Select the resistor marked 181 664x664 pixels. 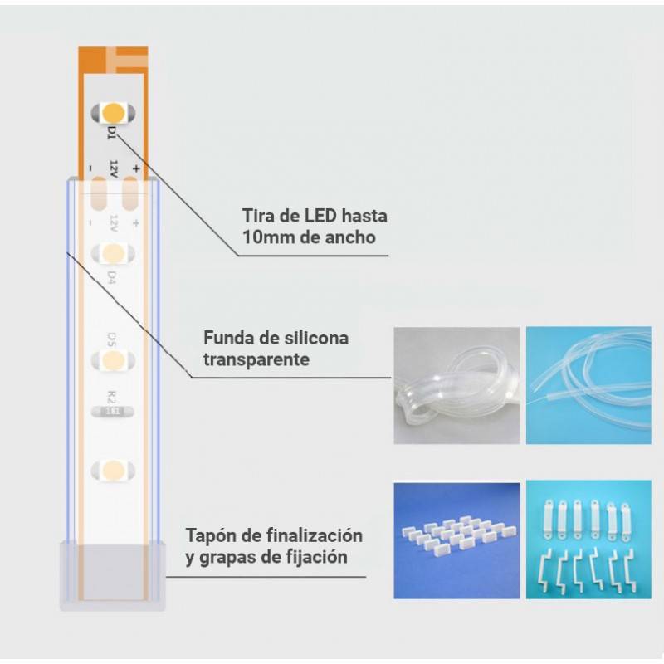click(112, 409)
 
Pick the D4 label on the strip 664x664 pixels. click(112, 276)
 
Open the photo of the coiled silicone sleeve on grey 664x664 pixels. click(456, 385)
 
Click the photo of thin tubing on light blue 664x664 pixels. click(588, 385)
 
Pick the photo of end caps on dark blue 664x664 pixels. click(456, 539)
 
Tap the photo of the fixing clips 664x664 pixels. click(588, 539)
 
